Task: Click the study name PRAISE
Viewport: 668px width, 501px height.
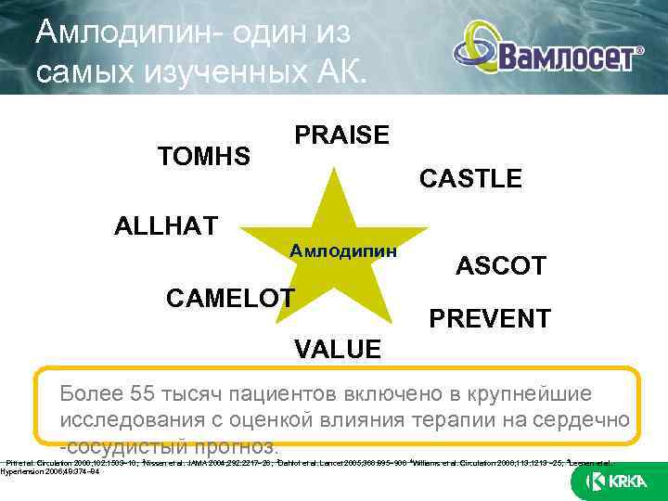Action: tap(341, 135)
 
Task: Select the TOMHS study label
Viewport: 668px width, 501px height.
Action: tap(204, 156)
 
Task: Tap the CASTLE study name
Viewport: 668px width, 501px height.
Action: tap(470, 179)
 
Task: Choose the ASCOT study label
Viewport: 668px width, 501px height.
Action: tap(500, 267)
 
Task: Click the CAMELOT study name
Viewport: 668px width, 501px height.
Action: tap(229, 298)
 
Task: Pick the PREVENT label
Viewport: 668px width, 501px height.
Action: tap(489, 319)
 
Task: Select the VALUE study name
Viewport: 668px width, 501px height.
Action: tap(337, 349)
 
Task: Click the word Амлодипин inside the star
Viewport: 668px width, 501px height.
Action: tap(343, 250)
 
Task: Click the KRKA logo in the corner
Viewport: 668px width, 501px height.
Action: tap(617, 482)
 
